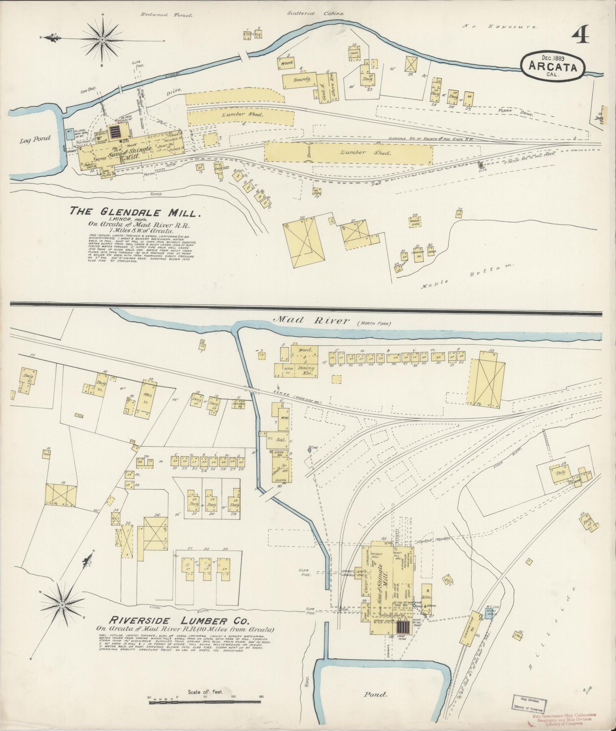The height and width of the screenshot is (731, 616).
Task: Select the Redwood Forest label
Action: [x=167, y=15]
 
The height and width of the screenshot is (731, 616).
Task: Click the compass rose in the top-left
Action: [x=103, y=40]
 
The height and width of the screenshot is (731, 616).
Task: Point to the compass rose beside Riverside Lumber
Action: [x=62, y=605]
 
